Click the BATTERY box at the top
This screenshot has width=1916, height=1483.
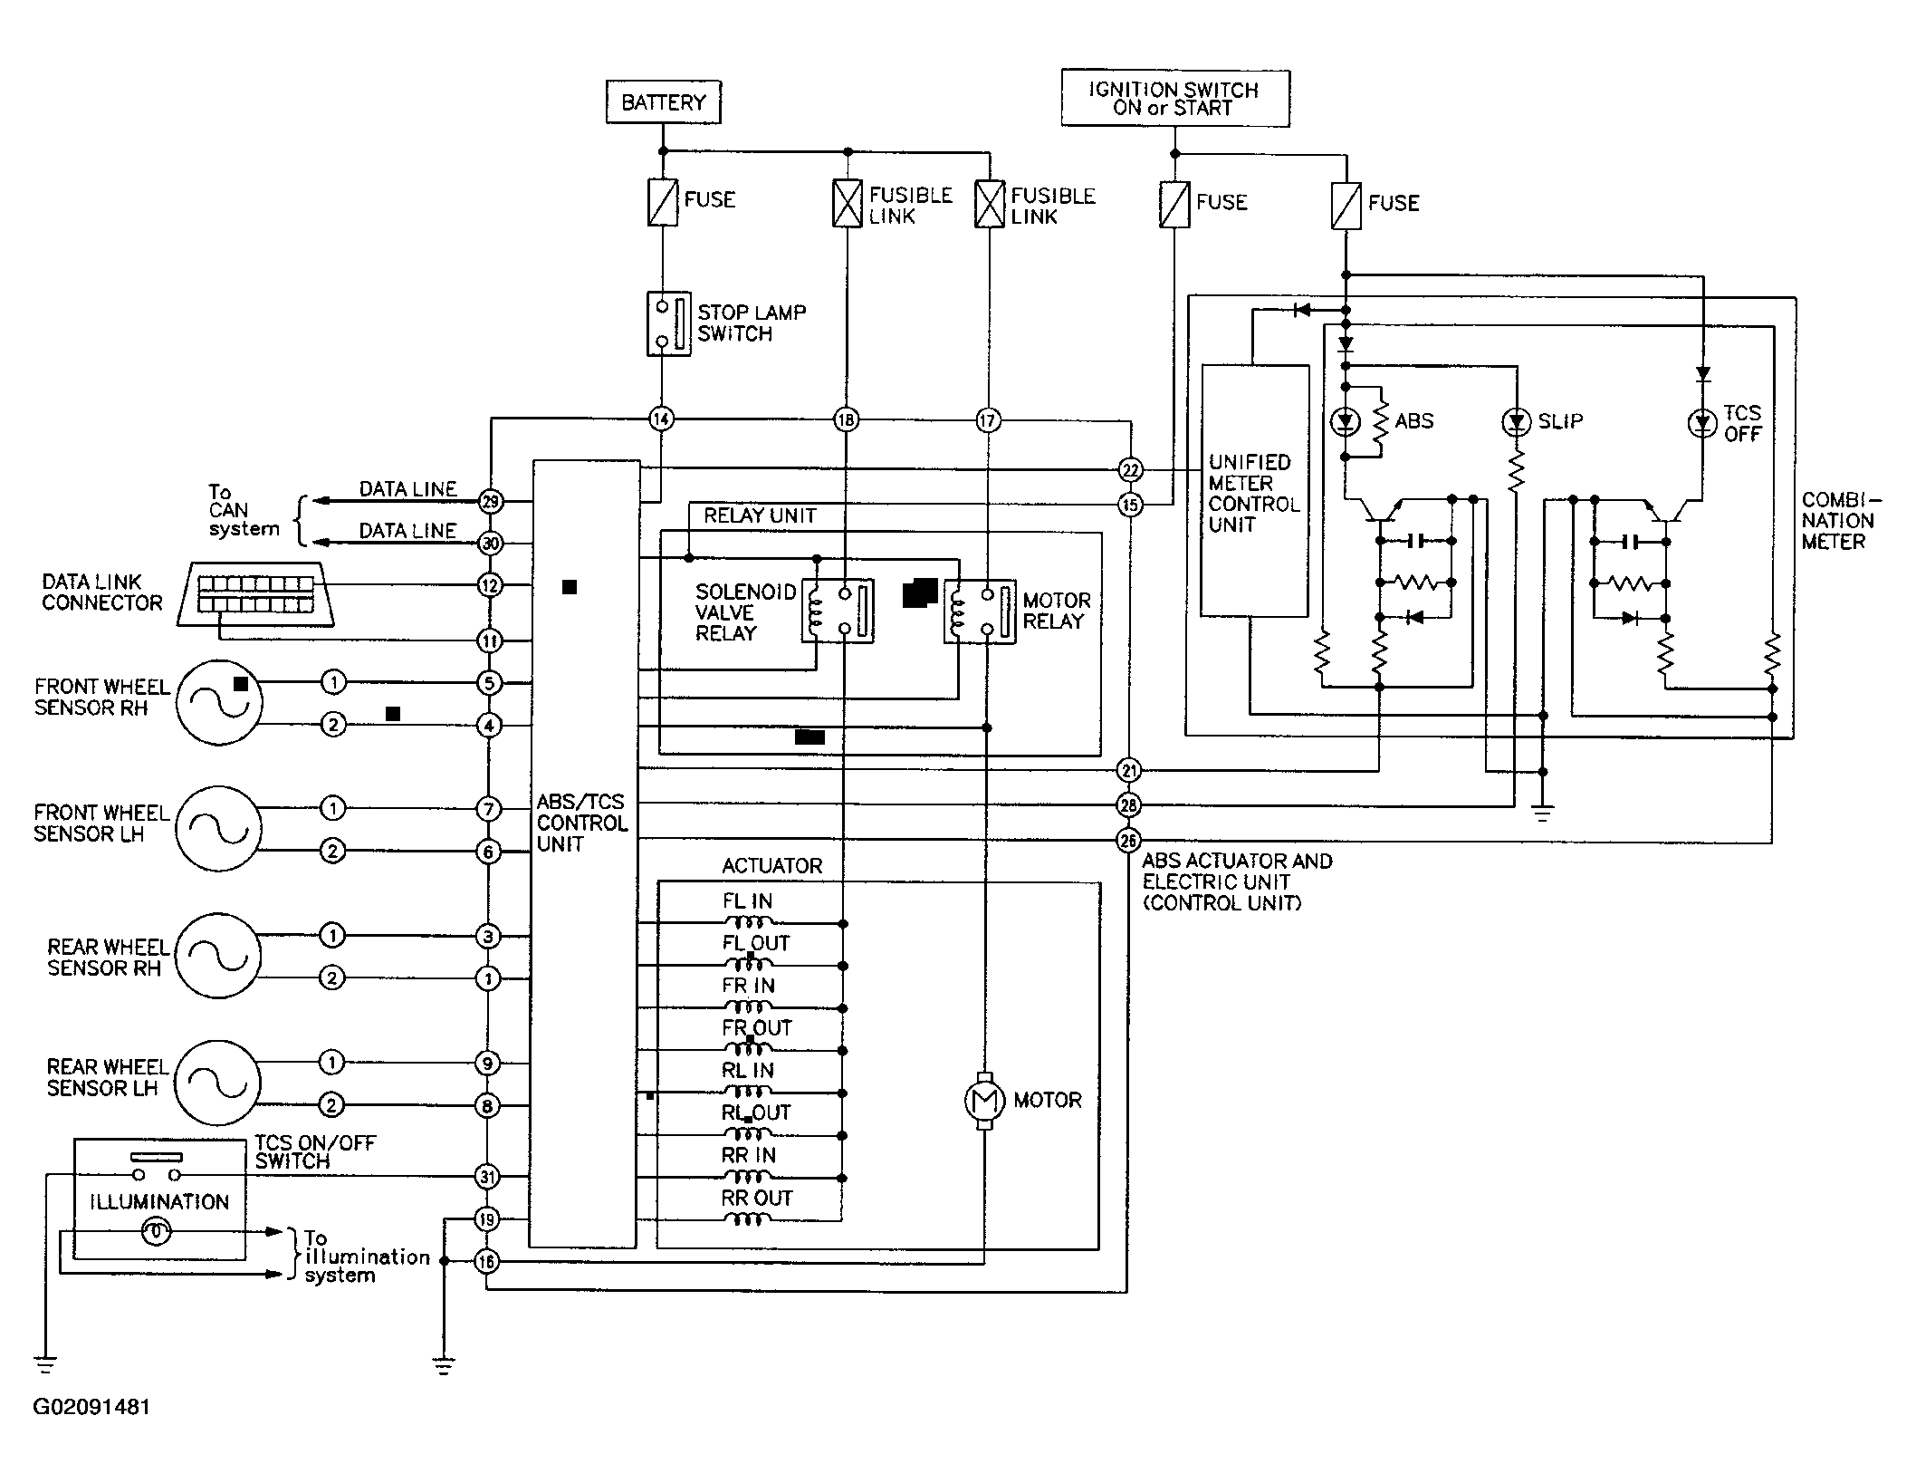[663, 102]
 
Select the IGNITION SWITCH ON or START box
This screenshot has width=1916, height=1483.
[1174, 99]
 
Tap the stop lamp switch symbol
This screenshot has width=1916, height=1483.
[669, 323]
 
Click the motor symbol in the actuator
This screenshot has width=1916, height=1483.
[984, 1101]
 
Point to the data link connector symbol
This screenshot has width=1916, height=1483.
[256, 593]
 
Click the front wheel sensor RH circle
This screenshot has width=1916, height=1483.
[218, 702]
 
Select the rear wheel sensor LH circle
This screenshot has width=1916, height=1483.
[217, 1083]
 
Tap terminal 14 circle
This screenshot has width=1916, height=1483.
[662, 419]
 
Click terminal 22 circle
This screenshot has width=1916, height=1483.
[1130, 469]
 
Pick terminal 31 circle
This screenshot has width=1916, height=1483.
[487, 1177]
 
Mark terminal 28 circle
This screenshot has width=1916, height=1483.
[1128, 804]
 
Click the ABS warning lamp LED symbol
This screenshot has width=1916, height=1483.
[1345, 421]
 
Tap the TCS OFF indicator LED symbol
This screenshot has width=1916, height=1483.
[1702, 422]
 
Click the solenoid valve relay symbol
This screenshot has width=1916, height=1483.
[838, 611]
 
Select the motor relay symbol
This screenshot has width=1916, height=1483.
[980, 612]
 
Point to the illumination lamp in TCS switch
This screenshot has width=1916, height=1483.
[157, 1232]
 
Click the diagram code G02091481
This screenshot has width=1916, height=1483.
[91, 1407]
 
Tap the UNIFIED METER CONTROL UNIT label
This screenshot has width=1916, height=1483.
[1254, 493]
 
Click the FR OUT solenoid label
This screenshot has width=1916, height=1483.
[757, 1028]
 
